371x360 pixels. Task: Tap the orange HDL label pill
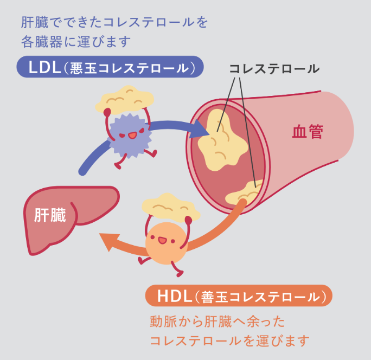pyautogui.click(x=239, y=297)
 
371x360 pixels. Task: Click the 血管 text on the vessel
pyautogui.click(x=308, y=132)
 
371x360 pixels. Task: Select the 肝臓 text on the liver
pyautogui.click(x=50, y=215)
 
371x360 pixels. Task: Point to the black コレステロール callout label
pyautogui.click(x=274, y=69)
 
